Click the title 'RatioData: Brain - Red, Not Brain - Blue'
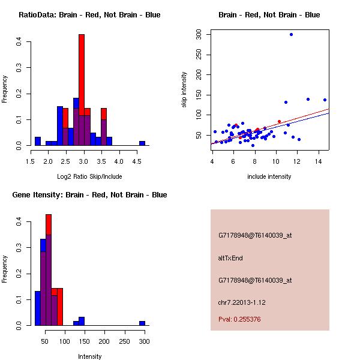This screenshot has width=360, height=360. (89, 15)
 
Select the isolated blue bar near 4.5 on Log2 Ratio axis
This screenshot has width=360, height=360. (142, 143)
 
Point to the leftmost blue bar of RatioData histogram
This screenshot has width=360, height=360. (38, 142)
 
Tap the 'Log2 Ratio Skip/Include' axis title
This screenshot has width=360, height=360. (89, 176)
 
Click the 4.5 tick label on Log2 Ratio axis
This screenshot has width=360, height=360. (137, 161)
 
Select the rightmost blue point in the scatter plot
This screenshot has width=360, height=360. (325, 100)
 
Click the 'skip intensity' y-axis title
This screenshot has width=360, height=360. (185, 90)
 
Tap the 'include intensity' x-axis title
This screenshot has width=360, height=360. (269, 176)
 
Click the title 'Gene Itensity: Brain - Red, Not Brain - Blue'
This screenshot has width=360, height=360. (89, 195)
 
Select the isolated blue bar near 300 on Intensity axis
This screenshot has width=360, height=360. (142, 323)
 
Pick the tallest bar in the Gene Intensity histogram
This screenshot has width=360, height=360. (49, 270)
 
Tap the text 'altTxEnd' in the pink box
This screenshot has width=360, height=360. (230, 258)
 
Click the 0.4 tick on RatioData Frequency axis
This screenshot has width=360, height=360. (20, 41)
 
